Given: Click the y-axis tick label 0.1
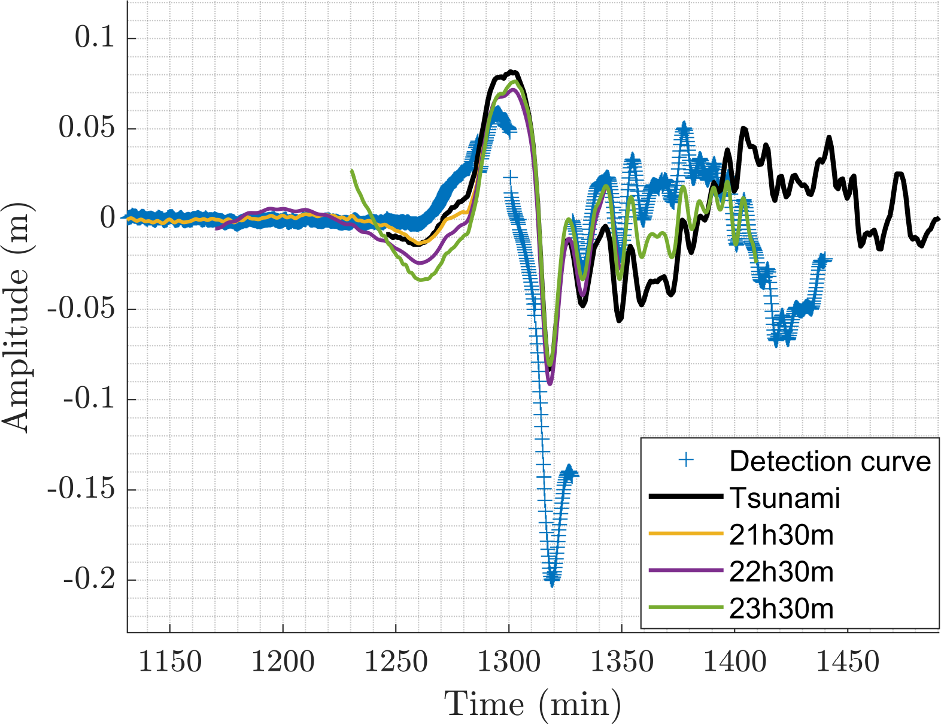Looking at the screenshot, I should [x=95, y=38].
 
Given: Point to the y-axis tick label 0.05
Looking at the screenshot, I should [x=87, y=128].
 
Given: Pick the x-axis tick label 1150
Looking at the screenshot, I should [x=170, y=662].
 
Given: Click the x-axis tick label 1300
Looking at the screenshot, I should [x=509, y=662].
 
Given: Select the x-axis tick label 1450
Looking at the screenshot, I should [x=848, y=662].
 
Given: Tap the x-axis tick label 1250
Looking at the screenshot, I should [x=396, y=662].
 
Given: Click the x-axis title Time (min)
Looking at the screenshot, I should [x=532, y=704].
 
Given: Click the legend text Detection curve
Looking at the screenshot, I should [x=830, y=461].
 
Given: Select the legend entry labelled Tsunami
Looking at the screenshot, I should [x=785, y=498].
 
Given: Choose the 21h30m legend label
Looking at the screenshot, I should [x=781, y=535].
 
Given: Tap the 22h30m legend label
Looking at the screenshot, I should [x=781, y=572].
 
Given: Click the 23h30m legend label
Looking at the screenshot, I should [x=781, y=609].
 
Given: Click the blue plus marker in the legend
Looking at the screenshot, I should [x=686, y=461].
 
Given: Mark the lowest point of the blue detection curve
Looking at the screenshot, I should [x=552, y=579].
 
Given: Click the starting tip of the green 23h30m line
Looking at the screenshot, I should [x=352, y=171].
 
